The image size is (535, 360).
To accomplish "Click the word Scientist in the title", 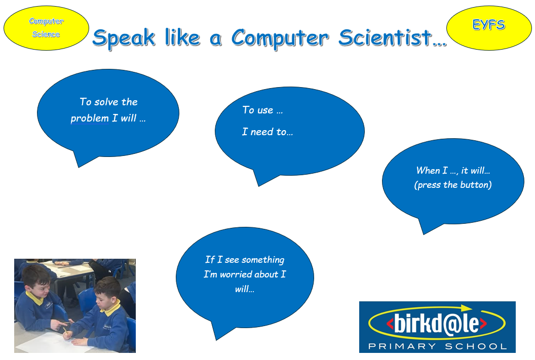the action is tap(386, 37).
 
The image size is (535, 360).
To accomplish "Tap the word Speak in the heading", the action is tap(124, 38).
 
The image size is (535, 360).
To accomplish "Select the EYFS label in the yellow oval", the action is tap(488, 24).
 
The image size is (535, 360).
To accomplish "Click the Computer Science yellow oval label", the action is tap(47, 28).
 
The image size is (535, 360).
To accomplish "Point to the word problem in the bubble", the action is tap(89, 118).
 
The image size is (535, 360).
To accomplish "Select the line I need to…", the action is tap(267, 132).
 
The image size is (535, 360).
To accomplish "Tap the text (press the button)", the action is tap(453, 185).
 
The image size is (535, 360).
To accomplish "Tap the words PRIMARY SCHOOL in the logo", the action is tap(437, 346).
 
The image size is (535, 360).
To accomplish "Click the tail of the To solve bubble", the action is tap(82, 158).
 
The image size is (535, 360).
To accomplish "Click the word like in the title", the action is tap(182, 37).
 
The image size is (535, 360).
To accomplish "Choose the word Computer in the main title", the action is tap(280, 38).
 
